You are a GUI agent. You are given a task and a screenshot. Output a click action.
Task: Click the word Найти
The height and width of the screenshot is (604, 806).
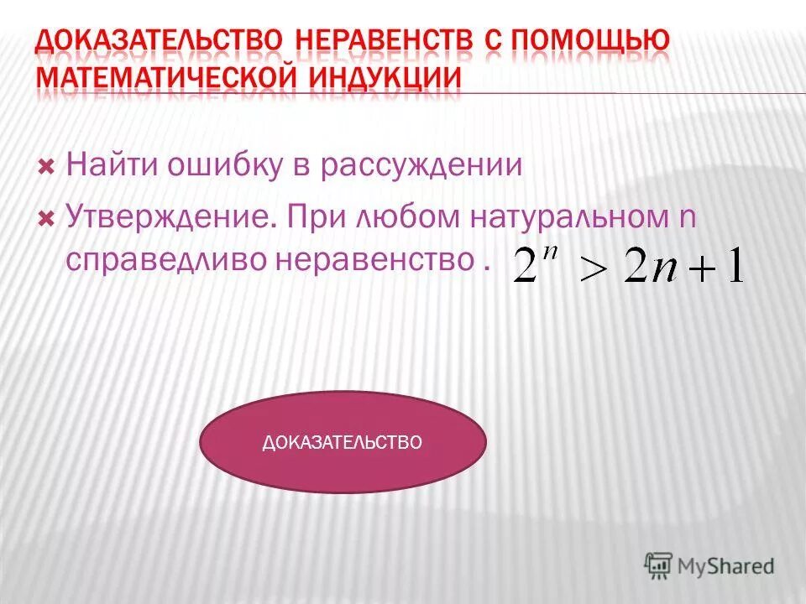pos(113,164)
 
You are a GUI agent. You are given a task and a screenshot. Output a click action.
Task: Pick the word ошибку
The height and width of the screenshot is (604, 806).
pos(226,164)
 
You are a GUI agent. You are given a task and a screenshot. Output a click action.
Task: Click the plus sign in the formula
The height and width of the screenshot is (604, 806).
pos(701,270)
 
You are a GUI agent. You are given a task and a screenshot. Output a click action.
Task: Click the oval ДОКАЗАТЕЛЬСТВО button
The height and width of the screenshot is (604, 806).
pos(343,442)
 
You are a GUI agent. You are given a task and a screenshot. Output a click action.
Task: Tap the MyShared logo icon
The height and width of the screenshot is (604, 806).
pos(660,564)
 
